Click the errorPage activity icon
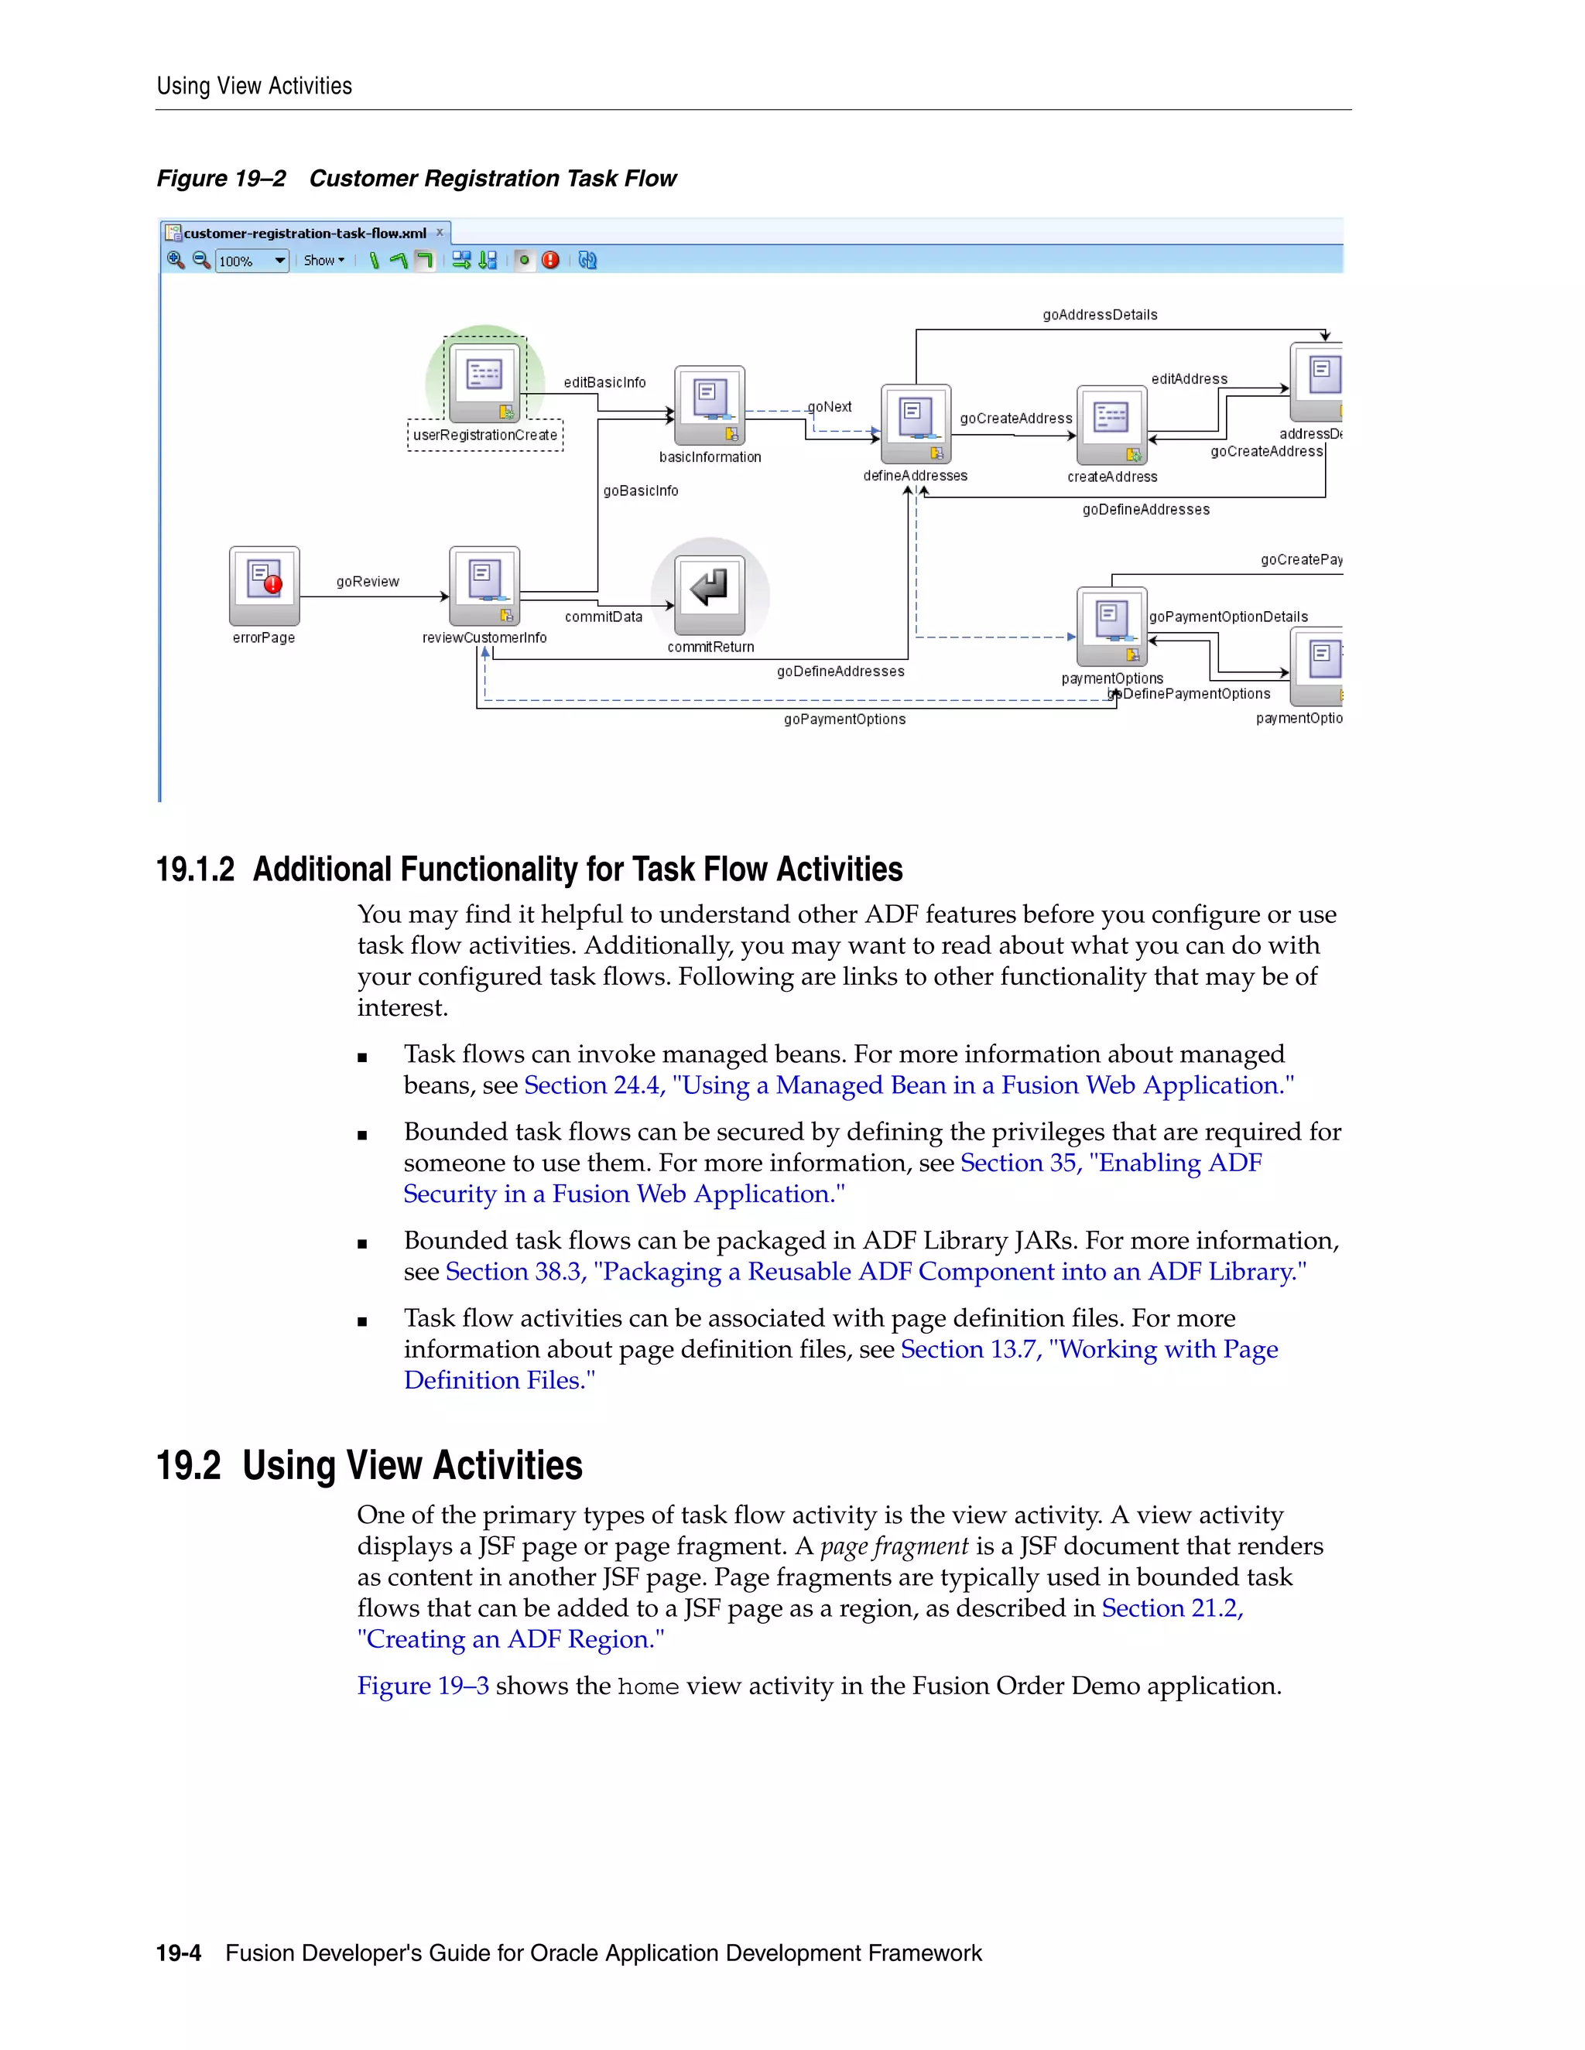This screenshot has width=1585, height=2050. point(264,585)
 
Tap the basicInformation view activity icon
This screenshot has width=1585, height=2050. point(710,405)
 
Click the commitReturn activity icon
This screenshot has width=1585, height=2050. point(710,593)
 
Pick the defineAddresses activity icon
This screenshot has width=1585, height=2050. point(916,422)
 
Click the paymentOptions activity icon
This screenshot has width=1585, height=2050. point(1112,625)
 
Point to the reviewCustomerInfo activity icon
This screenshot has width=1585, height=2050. point(484,585)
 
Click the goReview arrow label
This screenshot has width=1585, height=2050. point(367,582)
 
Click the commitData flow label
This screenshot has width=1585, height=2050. point(604,617)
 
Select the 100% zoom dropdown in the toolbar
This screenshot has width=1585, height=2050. point(252,261)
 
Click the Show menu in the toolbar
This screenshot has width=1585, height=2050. point(323,261)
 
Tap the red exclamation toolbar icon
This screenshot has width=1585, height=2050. point(550,260)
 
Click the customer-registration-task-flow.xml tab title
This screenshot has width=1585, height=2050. point(304,233)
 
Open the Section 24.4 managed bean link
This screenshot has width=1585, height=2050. point(908,1086)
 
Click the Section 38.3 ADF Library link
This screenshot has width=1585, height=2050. point(875,1272)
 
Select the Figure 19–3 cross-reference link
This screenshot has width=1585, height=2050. point(423,1686)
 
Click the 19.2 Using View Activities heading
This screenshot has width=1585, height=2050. point(368,1465)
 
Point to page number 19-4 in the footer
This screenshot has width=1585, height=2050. point(179,1953)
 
